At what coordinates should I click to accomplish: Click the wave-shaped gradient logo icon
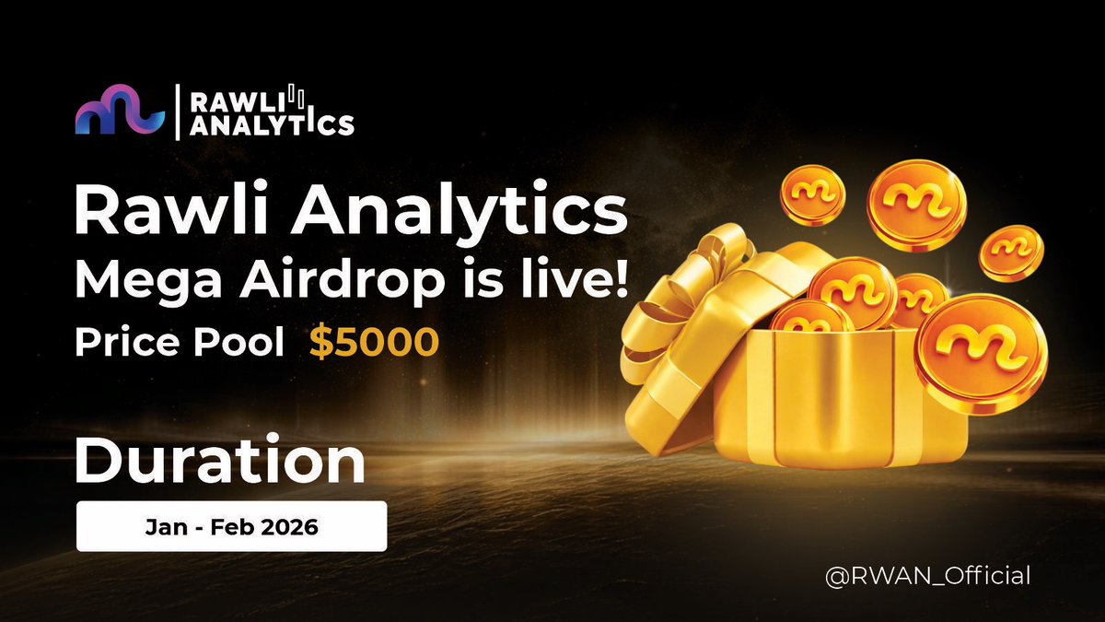(120, 111)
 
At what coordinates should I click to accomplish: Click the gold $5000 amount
(373, 342)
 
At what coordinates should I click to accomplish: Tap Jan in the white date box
(160, 528)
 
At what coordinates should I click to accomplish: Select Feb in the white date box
(227, 528)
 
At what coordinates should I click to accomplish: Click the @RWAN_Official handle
(927, 577)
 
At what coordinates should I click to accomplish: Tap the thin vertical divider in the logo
(175, 111)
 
